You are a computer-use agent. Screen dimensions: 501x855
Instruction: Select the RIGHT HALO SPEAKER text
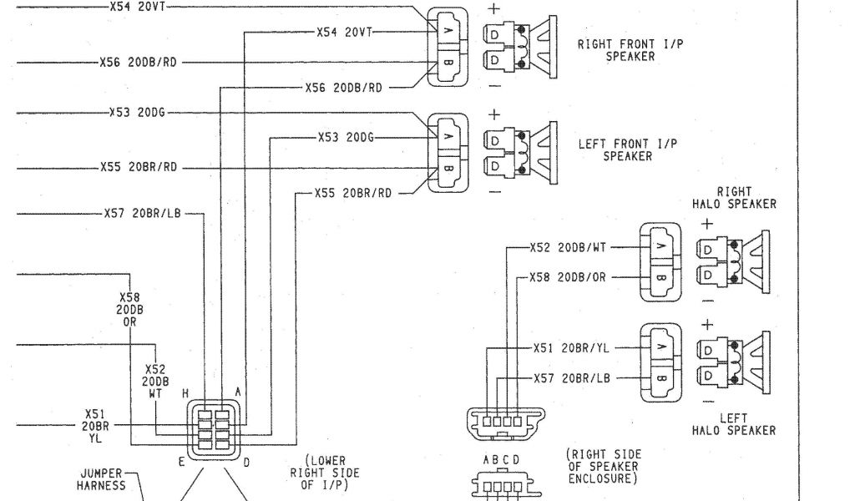pos(733,198)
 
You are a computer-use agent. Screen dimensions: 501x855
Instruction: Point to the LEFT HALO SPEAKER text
pos(733,424)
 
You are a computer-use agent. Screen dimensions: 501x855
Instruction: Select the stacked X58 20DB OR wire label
pos(129,309)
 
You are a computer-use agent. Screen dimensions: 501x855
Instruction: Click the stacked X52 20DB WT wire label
pos(155,380)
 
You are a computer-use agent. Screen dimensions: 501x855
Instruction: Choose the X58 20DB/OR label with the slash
pos(567,277)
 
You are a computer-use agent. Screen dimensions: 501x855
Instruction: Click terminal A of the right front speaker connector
pos(447,30)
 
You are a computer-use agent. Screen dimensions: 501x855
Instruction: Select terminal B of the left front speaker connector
pos(447,168)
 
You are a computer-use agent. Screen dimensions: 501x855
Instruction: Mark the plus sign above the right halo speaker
pos(707,224)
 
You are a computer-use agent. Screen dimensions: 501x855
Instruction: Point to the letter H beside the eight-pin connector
pos(185,393)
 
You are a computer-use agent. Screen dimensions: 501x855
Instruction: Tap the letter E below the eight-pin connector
pos(180,460)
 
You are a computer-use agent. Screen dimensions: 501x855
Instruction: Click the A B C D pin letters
pos(501,460)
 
